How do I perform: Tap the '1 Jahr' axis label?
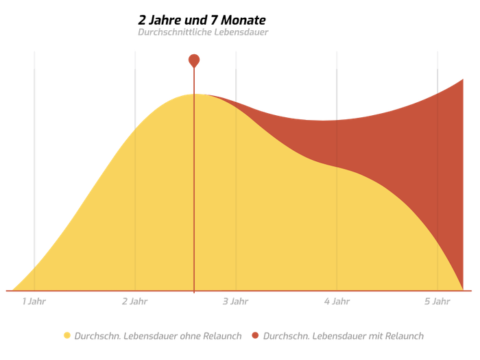click(34, 301)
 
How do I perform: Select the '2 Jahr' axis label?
click(134, 301)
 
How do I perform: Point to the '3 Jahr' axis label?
click(235, 301)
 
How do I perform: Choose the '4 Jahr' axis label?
click(336, 301)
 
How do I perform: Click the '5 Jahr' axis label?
click(437, 301)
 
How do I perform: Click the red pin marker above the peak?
click(194, 60)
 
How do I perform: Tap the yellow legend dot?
click(67, 335)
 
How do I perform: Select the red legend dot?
click(255, 335)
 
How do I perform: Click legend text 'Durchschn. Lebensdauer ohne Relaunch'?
click(158, 335)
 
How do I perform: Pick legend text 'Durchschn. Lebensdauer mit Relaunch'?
click(343, 335)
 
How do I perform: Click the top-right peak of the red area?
click(464, 80)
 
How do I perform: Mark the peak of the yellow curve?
click(194, 93)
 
